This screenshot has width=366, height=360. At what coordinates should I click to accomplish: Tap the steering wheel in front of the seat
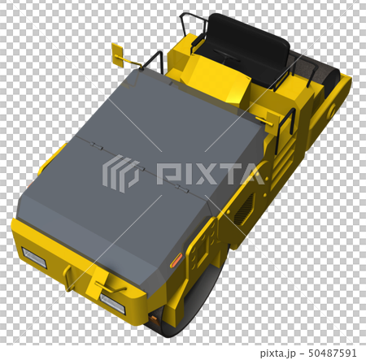[226, 56]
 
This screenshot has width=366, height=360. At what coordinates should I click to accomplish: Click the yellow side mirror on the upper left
[117, 55]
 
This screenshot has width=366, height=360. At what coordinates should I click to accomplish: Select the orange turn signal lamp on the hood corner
[176, 260]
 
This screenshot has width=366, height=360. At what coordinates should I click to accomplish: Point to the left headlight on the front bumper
[34, 258]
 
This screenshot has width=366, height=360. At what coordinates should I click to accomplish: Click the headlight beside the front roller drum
[112, 303]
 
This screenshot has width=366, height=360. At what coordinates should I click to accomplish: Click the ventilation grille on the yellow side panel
[244, 208]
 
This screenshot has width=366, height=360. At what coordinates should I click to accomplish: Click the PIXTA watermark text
[210, 173]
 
